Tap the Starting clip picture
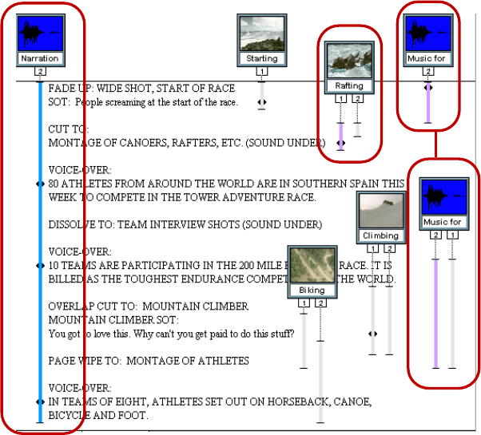click(261, 33)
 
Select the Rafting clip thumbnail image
click(349, 61)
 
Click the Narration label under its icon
click(40, 58)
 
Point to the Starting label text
click(262, 58)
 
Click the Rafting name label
click(349, 85)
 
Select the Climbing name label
click(380, 235)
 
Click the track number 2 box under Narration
click(40, 72)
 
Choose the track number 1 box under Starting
click(262, 72)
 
